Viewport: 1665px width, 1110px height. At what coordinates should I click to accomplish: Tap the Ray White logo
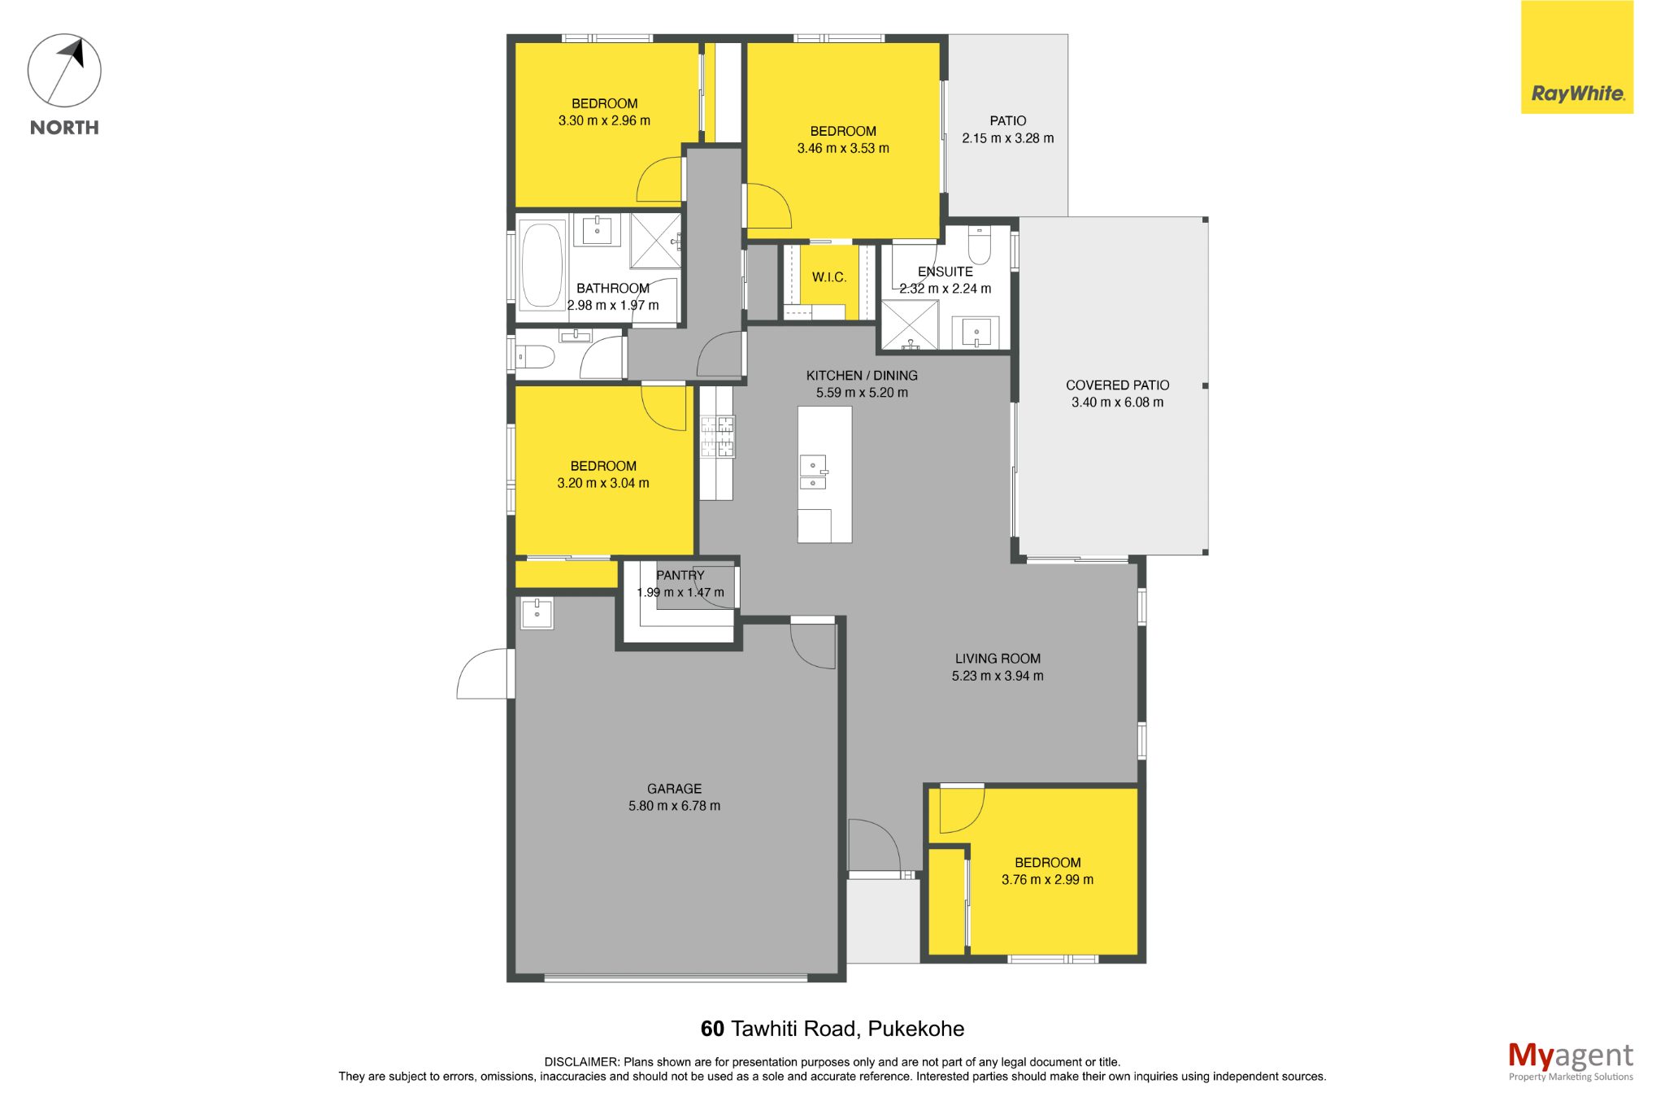tap(1576, 57)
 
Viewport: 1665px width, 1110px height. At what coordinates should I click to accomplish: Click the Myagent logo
tap(1570, 1061)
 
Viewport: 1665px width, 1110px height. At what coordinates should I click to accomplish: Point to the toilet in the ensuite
tap(979, 245)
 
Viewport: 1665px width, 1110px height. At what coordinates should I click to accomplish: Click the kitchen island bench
tap(824, 474)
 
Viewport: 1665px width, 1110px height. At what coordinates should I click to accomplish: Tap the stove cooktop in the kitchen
tap(717, 437)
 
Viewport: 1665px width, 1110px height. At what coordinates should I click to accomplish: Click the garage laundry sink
tap(537, 613)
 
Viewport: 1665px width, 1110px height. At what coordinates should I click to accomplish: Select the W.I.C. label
tap(829, 277)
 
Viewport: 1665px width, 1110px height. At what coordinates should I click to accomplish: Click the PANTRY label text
tap(680, 575)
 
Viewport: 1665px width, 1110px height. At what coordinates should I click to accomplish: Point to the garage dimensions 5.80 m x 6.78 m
tap(674, 806)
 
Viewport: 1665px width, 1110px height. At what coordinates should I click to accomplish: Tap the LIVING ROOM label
tap(998, 659)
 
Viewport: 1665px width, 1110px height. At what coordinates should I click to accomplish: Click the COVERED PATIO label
tap(1118, 385)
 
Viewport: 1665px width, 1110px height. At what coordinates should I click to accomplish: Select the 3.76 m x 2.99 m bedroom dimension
tap(1047, 880)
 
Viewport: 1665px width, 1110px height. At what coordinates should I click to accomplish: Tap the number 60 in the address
tap(712, 1029)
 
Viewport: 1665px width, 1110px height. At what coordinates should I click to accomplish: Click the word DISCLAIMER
tap(581, 1062)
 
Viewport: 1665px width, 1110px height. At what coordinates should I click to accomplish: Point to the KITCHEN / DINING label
tap(862, 376)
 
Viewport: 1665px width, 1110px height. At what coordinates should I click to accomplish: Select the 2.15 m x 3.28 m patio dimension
tap(1008, 138)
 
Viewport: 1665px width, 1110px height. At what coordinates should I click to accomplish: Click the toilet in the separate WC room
tap(537, 356)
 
